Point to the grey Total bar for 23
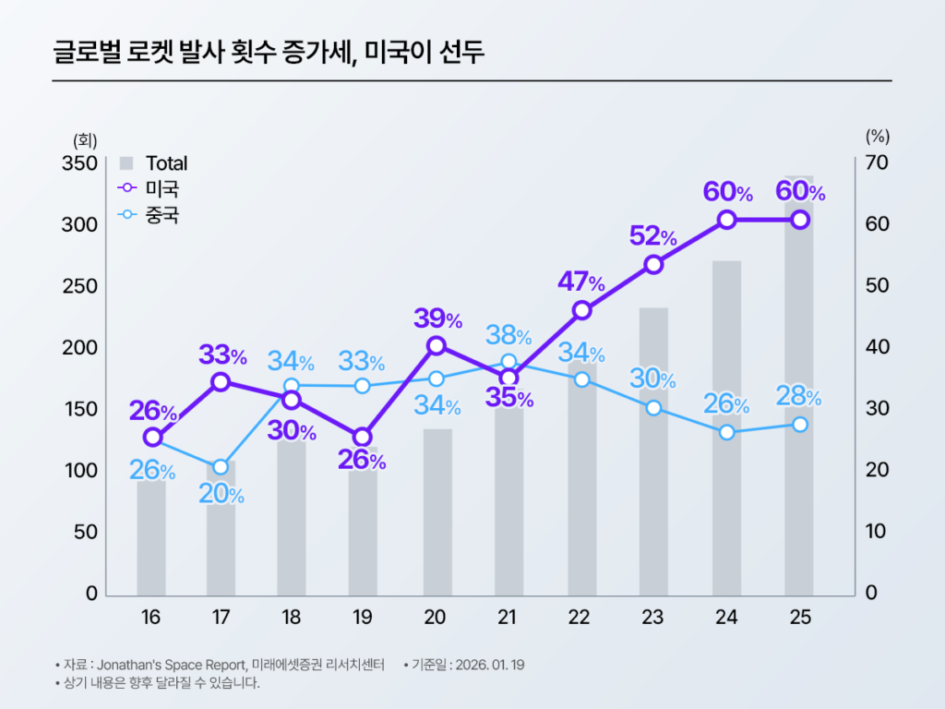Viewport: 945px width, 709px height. pos(653,462)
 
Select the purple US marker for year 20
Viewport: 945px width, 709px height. pos(437,345)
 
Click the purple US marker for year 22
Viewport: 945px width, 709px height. pos(581,310)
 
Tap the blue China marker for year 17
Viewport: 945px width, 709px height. pos(220,467)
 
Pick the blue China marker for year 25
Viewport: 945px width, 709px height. pos(800,425)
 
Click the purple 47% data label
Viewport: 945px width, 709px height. pos(580,282)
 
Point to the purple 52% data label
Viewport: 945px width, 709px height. pos(652,235)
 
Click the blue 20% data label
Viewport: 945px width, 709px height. pos(221,495)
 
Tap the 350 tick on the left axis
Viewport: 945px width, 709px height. pos(79,163)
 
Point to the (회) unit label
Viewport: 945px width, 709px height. pos(85,139)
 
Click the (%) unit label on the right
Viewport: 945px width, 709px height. pos(877,137)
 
